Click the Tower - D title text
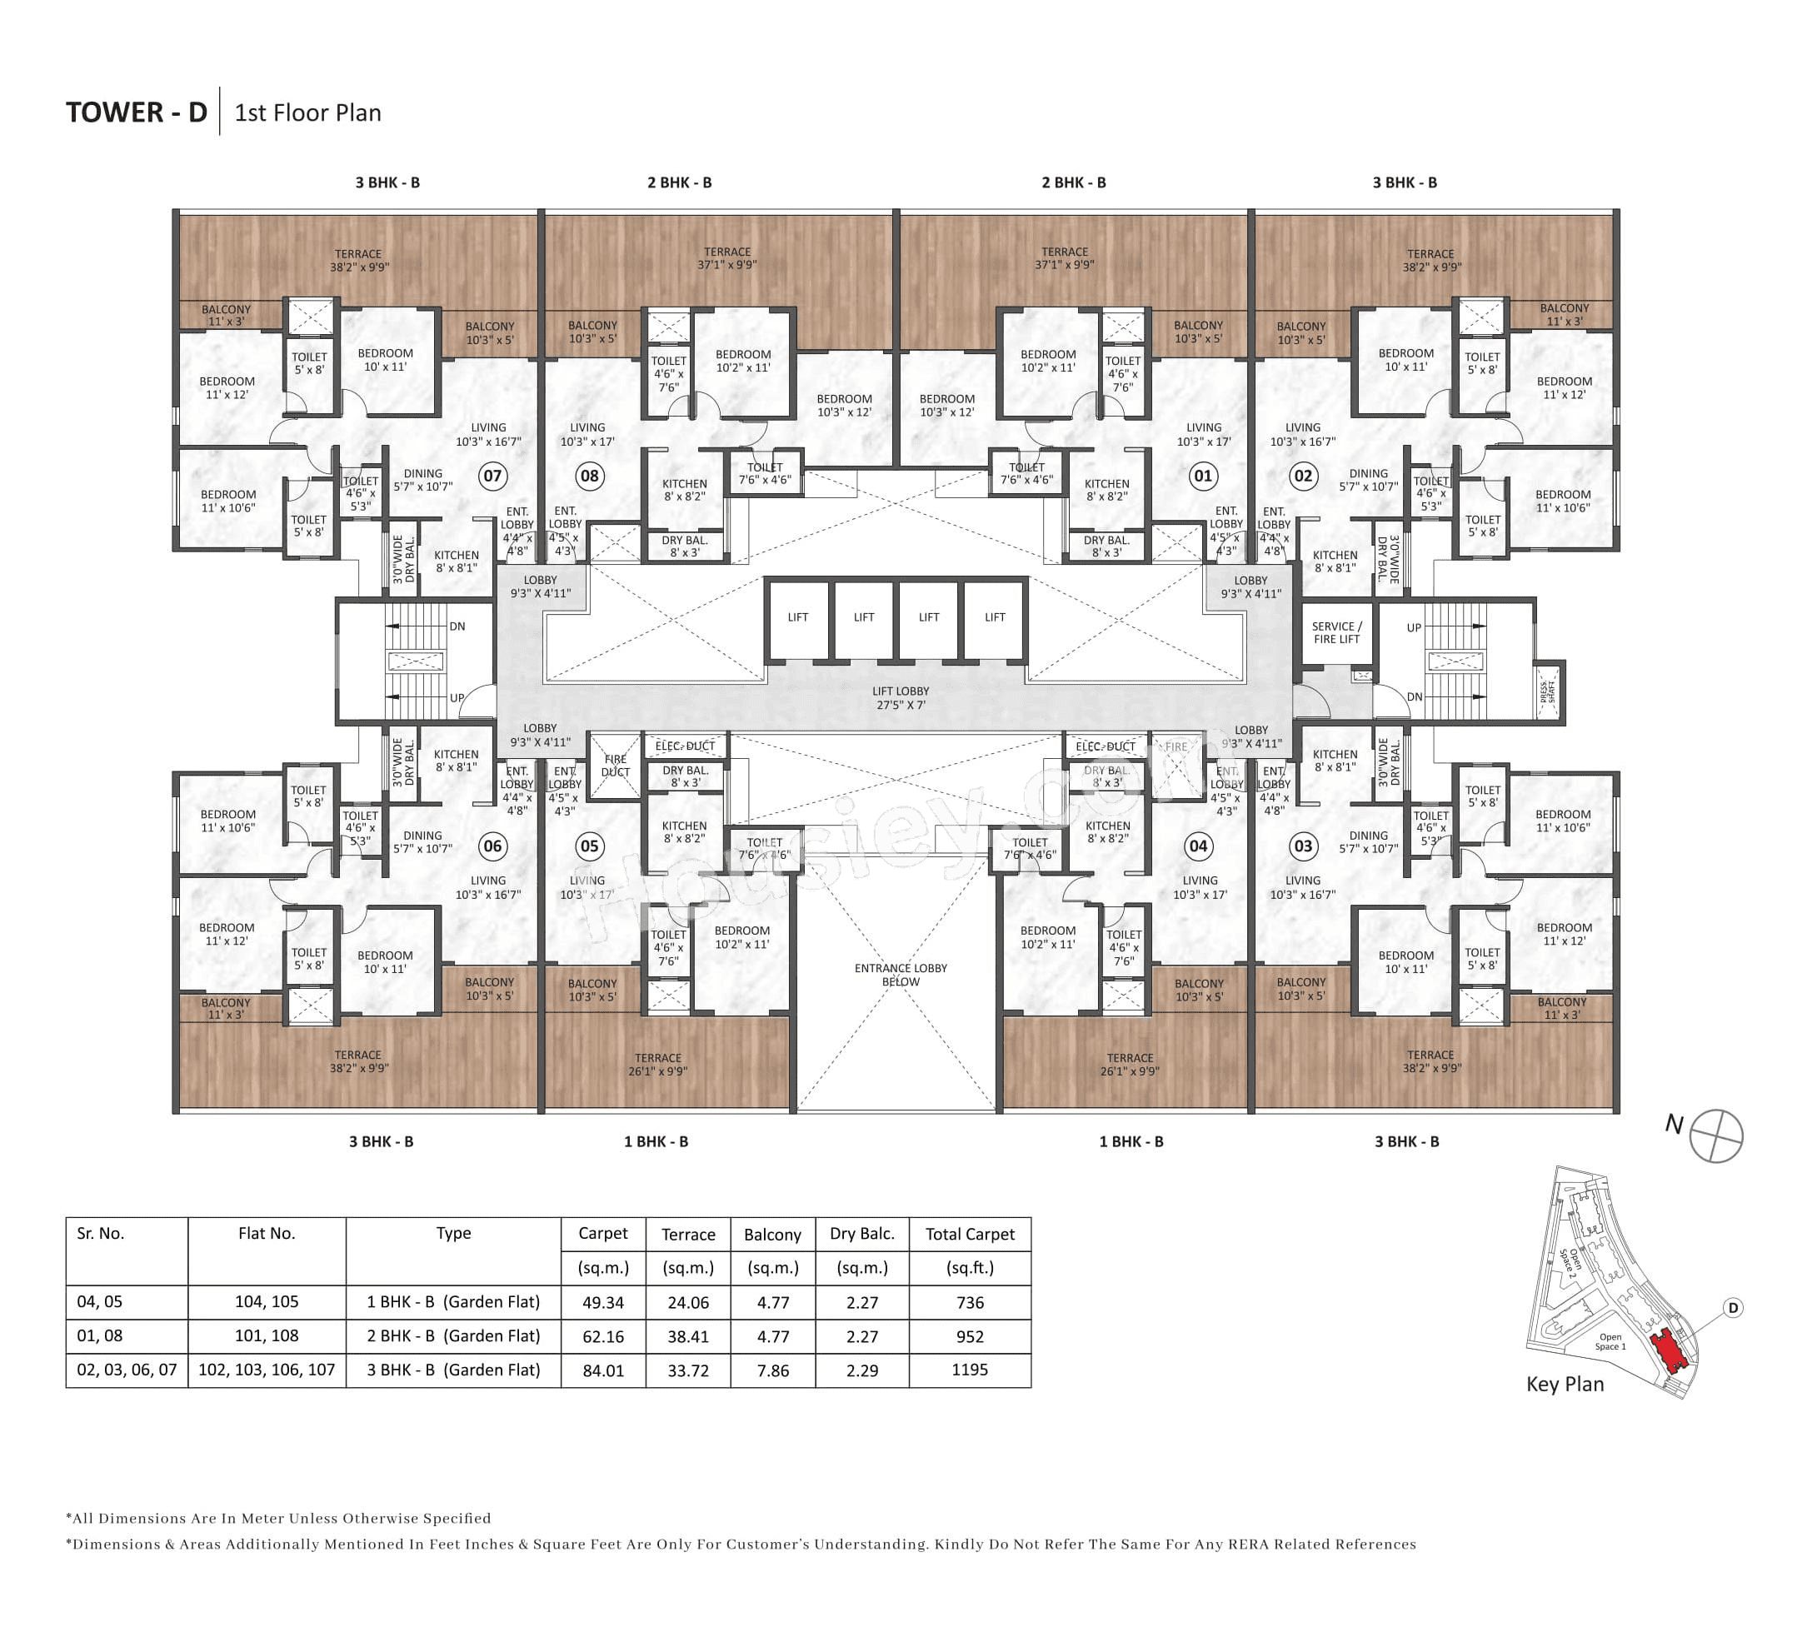(137, 112)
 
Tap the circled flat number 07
(492, 476)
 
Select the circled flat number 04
(1198, 846)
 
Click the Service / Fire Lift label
(1336, 633)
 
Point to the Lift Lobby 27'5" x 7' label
(901, 697)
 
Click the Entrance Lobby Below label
(901, 975)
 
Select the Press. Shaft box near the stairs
(1548, 692)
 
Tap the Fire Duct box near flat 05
(616, 766)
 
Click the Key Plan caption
(1565, 1384)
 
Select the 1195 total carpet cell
(969, 1370)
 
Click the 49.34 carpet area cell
(602, 1302)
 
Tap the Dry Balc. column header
(861, 1234)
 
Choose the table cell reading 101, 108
(266, 1335)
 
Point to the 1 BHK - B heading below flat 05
(656, 1141)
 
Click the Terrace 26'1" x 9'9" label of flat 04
(1130, 1064)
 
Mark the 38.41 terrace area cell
(687, 1336)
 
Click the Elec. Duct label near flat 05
(685, 746)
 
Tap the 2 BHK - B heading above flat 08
(680, 182)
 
